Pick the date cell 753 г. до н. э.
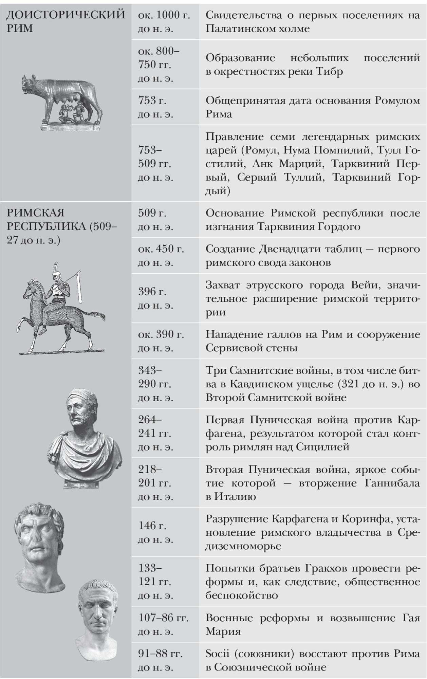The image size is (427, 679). click(x=155, y=107)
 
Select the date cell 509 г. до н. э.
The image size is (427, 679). click(x=155, y=220)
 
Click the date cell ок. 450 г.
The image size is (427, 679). click(x=161, y=256)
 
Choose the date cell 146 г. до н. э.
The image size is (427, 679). click(x=155, y=532)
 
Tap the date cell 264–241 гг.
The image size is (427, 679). click(x=155, y=433)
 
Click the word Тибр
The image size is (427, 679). click(x=330, y=72)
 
